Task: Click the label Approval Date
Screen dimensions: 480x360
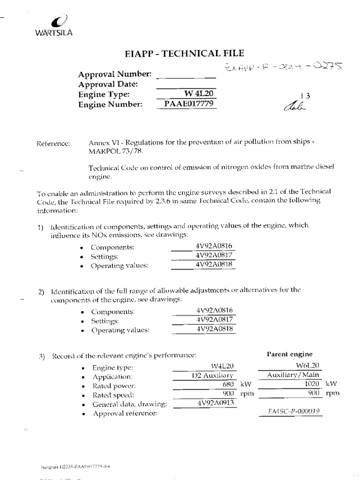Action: (x=108, y=84)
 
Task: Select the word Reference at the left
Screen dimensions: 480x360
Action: (x=53, y=143)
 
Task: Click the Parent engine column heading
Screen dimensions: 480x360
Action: (x=289, y=354)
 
